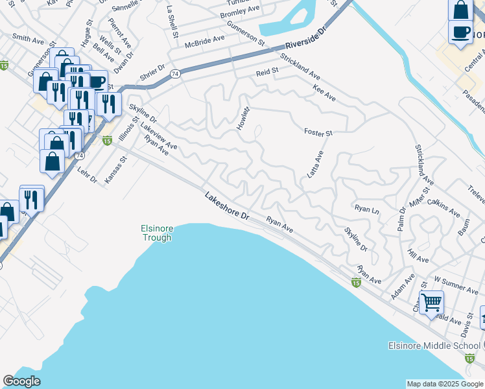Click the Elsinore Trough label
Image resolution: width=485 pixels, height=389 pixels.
pyautogui.click(x=156, y=233)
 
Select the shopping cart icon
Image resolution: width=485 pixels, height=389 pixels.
pyautogui.click(x=431, y=301)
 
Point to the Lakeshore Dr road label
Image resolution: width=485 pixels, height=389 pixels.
pyautogui.click(x=227, y=205)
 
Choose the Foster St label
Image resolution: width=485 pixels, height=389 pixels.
pyautogui.click(x=318, y=132)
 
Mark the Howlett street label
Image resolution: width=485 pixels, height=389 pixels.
pyautogui.click(x=242, y=118)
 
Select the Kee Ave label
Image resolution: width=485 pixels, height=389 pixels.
pyautogui.click(x=324, y=93)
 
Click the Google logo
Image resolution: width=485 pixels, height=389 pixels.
pyautogui.click(x=21, y=381)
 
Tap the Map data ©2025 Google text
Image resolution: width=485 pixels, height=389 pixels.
pyautogui.click(x=444, y=384)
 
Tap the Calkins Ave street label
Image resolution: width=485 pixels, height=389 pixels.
pyautogui.click(x=444, y=211)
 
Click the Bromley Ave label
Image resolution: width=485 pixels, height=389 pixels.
pyautogui.click(x=239, y=13)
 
